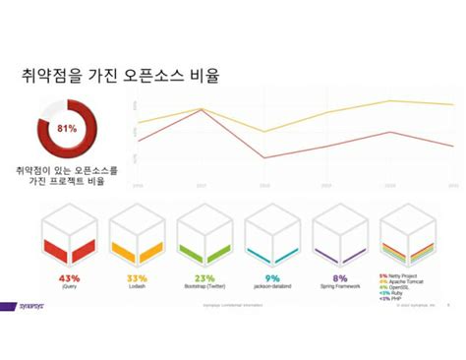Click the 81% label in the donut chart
click(x=67, y=128)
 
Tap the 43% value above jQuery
click(x=68, y=277)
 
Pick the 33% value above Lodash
click(x=137, y=277)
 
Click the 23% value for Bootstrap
click(x=204, y=277)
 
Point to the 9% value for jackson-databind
click(x=272, y=277)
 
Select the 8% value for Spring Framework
click(x=340, y=277)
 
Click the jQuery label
click(x=68, y=287)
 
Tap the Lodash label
click(x=137, y=287)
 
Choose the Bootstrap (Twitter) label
click(x=204, y=287)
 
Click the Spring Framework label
click(x=340, y=287)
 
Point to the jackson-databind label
click(x=272, y=287)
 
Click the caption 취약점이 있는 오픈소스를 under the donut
click(x=67, y=170)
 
